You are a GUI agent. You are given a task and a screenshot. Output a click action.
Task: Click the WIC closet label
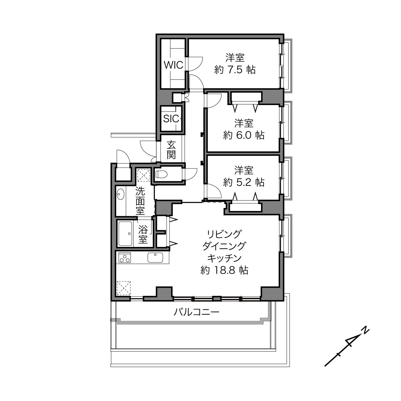pyautogui.click(x=174, y=65)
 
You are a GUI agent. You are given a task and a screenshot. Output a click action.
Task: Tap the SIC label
pyautogui.click(x=171, y=119)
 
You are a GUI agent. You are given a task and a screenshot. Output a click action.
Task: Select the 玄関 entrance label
pyautogui.click(x=171, y=150)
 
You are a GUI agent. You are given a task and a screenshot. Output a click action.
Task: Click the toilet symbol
pyautogui.click(x=161, y=174)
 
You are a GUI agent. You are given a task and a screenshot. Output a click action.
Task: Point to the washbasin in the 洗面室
pyautogui.click(x=121, y=194)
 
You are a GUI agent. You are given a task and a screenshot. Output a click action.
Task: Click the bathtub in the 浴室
pyautogui.click(x=125, y=234)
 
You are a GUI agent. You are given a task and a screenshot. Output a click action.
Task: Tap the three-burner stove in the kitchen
pyautogui.click(x=125, y=258)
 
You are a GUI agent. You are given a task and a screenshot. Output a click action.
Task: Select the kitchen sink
pyautogui.click(x=155, y=258)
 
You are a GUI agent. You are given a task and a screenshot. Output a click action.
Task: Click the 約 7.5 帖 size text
pyautogui.click(x=235, y=70)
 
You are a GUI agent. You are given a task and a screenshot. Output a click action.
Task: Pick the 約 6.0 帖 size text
pyautogui.click(x=244, y=135)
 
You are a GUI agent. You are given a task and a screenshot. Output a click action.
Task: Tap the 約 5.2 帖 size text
pyautogui.click(x=244, y=183)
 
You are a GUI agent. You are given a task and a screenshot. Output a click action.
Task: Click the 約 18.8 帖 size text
pyautogui.click(x=224, y=270)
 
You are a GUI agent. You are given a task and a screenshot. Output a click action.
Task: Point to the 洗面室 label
pyautogui.click(x=140, y=201)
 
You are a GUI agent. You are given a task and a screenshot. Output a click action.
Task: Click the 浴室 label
pyautogui.click(x=143, y=234)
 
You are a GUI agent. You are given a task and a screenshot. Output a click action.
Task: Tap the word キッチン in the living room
pyautogui.click(x=224, y=258)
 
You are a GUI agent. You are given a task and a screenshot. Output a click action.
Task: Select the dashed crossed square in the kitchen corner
pyautogui.click(x=124, y=288)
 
